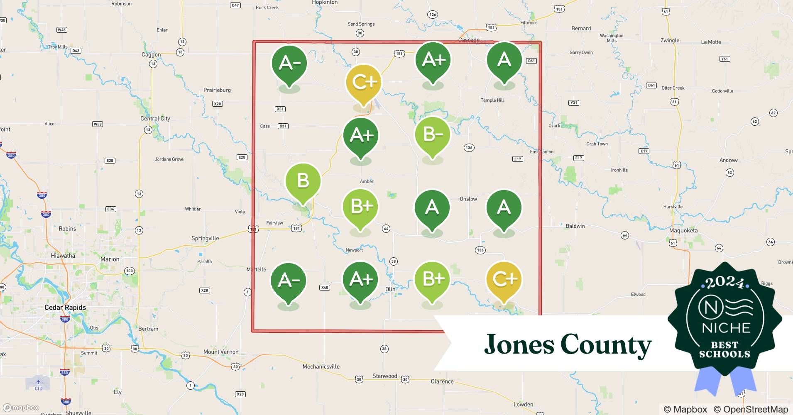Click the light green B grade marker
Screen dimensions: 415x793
(x=303, y=181)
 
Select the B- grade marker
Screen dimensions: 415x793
(x=433, y=135)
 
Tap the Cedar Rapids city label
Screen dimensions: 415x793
(x=65, y=308)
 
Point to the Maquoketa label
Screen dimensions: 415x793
(x=683, y=230)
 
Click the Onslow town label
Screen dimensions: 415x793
(x=468, y=199)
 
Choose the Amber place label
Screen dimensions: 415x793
(x=367, y=181)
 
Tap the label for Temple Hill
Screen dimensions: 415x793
(x=492, y=100)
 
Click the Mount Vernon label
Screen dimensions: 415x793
(x=221, y=352)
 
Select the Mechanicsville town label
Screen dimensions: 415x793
(x=321, y=366)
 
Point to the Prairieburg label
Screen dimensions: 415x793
(x=217, y=90)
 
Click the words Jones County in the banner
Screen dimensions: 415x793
(x=568, y=344)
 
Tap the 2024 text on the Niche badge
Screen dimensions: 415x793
(x=724, y=283)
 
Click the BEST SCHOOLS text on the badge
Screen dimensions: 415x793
(x=724, y=350)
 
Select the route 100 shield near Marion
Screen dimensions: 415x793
(x=130, y=271)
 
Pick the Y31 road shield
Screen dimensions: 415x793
(x=573, y=103)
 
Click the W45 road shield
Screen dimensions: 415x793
(x=61, y=30)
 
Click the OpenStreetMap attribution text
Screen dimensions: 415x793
(x=751, y=409)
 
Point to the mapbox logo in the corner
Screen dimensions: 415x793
(x=21, y=408)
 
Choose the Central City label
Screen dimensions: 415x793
(x=155, y=119)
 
